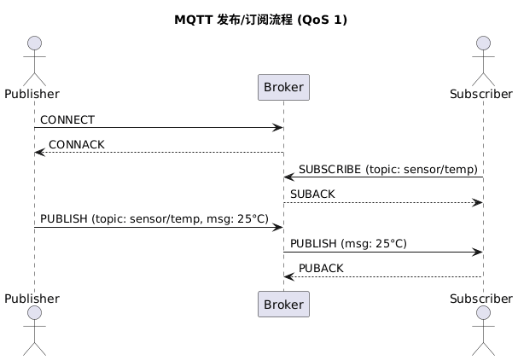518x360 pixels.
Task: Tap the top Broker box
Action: coord(282,87)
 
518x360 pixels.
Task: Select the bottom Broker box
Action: coord(282,304)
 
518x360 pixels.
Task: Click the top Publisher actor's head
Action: coord(35,44)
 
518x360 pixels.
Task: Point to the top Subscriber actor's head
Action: coord(483,44)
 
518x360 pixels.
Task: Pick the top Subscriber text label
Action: coord(483,92)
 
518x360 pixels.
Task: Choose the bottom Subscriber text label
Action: coord(483,299)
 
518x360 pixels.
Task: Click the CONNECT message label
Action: coord(67,120)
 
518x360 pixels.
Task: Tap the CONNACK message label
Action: coord(77,145)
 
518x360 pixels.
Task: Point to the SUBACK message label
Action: coord(312,195)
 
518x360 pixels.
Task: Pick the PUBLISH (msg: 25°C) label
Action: coord(347,244)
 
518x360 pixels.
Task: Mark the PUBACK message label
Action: coord(321,269)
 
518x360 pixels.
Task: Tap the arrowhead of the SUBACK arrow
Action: coord(479,202)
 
